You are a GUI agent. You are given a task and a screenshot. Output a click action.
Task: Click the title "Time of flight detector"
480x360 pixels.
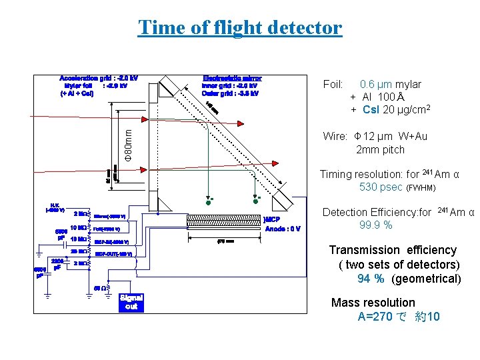[239, 28]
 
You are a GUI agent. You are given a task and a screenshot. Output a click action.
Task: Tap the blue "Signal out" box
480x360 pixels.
[131, 302]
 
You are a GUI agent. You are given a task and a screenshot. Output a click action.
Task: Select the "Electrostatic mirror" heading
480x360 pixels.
[232, 77]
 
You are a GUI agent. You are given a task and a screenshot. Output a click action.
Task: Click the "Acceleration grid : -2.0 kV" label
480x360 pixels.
[99, 77]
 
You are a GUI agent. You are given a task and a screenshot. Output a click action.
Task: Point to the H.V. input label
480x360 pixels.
[55, 207]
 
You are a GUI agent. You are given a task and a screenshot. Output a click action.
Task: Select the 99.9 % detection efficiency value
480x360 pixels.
[375, 225]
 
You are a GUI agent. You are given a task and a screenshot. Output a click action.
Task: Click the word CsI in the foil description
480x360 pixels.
[373, 109]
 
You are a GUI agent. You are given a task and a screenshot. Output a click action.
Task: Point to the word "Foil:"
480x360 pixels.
[333, 85]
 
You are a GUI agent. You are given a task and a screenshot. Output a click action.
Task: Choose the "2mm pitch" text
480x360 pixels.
[380, 149]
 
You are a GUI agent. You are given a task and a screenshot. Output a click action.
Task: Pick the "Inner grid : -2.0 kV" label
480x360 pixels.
[230, 85]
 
